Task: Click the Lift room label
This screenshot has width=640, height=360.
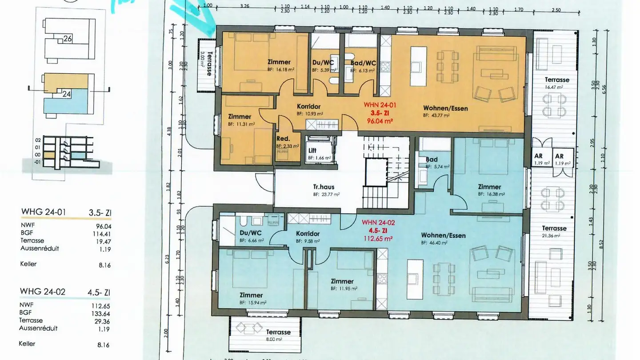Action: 312,151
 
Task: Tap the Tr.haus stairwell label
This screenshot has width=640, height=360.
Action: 323,187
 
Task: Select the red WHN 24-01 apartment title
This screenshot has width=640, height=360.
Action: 380,105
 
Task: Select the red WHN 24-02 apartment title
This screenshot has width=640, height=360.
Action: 378,222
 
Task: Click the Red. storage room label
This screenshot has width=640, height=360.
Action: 284,139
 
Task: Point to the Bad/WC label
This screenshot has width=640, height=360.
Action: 363,63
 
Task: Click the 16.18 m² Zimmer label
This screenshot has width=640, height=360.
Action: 279,62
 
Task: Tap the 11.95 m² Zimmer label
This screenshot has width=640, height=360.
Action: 342,281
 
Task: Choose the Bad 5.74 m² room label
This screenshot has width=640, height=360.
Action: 432,160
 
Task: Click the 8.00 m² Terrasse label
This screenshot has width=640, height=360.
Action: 278,332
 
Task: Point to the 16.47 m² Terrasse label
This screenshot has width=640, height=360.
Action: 556,80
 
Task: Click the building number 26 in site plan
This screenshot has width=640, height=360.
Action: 68,39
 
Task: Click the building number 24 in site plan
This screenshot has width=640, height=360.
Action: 67,94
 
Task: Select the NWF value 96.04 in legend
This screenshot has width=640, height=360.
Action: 103,225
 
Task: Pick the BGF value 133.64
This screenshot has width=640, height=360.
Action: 102,313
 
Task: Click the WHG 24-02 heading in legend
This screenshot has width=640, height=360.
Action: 43,292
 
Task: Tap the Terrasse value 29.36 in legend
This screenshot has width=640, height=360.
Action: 102,320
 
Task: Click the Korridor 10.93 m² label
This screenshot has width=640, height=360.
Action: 308,107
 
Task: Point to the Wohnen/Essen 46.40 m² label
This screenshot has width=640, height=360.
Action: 443,235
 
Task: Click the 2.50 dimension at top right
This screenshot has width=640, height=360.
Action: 556,10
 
